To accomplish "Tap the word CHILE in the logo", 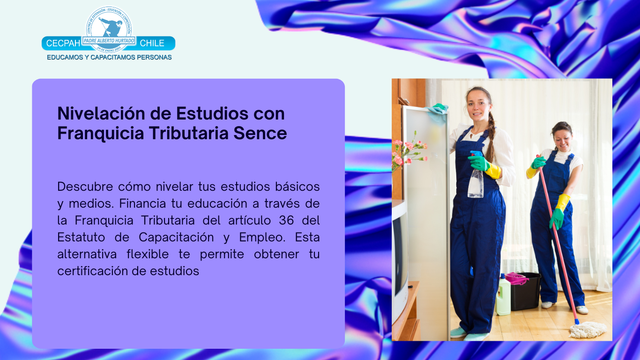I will tap(152, 44).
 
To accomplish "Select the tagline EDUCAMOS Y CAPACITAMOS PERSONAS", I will tap(109, 57).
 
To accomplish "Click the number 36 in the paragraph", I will tap(286, 220).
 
